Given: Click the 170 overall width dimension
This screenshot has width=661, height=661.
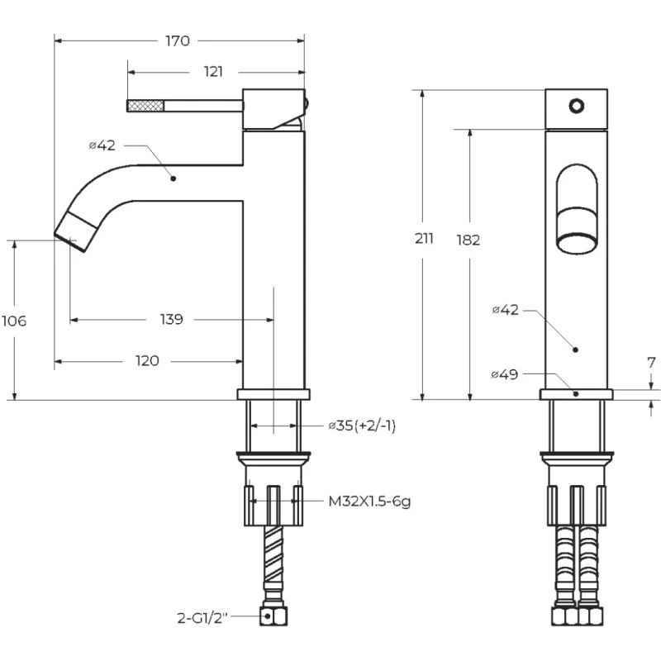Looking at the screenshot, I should pyautogui.click(x=178, y=40).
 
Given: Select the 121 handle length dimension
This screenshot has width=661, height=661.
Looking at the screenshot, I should pyautogui.click(x=213, y=72).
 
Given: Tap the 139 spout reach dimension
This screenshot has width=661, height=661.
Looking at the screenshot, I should pyautogui.click(x=172, y=319).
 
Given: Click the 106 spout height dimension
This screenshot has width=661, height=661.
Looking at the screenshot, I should pyautogui.click(x=13, y=321).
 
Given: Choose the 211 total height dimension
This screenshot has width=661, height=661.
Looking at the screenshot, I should pyautogui.click(x=424, y=240).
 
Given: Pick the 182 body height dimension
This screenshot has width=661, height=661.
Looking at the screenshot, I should pyautogui.click(x=468, y=240).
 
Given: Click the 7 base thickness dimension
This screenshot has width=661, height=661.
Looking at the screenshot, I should pyautogui.click(x=650, y=363).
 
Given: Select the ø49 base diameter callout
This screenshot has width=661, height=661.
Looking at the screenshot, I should pyautogui.click(x=504, y=374).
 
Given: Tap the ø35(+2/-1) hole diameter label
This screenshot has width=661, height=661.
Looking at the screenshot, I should pyautogui.click(x=362, y=426).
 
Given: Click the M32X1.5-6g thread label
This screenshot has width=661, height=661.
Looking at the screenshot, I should pyautogui.click(x=369, y=501).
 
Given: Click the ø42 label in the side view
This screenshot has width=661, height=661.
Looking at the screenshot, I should pyautogui.click(x=102, y=145).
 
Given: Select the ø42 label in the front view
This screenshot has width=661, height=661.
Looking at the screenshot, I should pyautogui.click(x=505, y=310).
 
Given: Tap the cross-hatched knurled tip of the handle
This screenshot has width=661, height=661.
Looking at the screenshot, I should pyautogui.click(x=145, y=105).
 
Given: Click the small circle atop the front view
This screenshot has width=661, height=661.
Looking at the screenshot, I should pyautogui.click(x=577, y=106).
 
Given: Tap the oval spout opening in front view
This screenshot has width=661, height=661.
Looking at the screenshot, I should pyautogui.click(x=577, y=207).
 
